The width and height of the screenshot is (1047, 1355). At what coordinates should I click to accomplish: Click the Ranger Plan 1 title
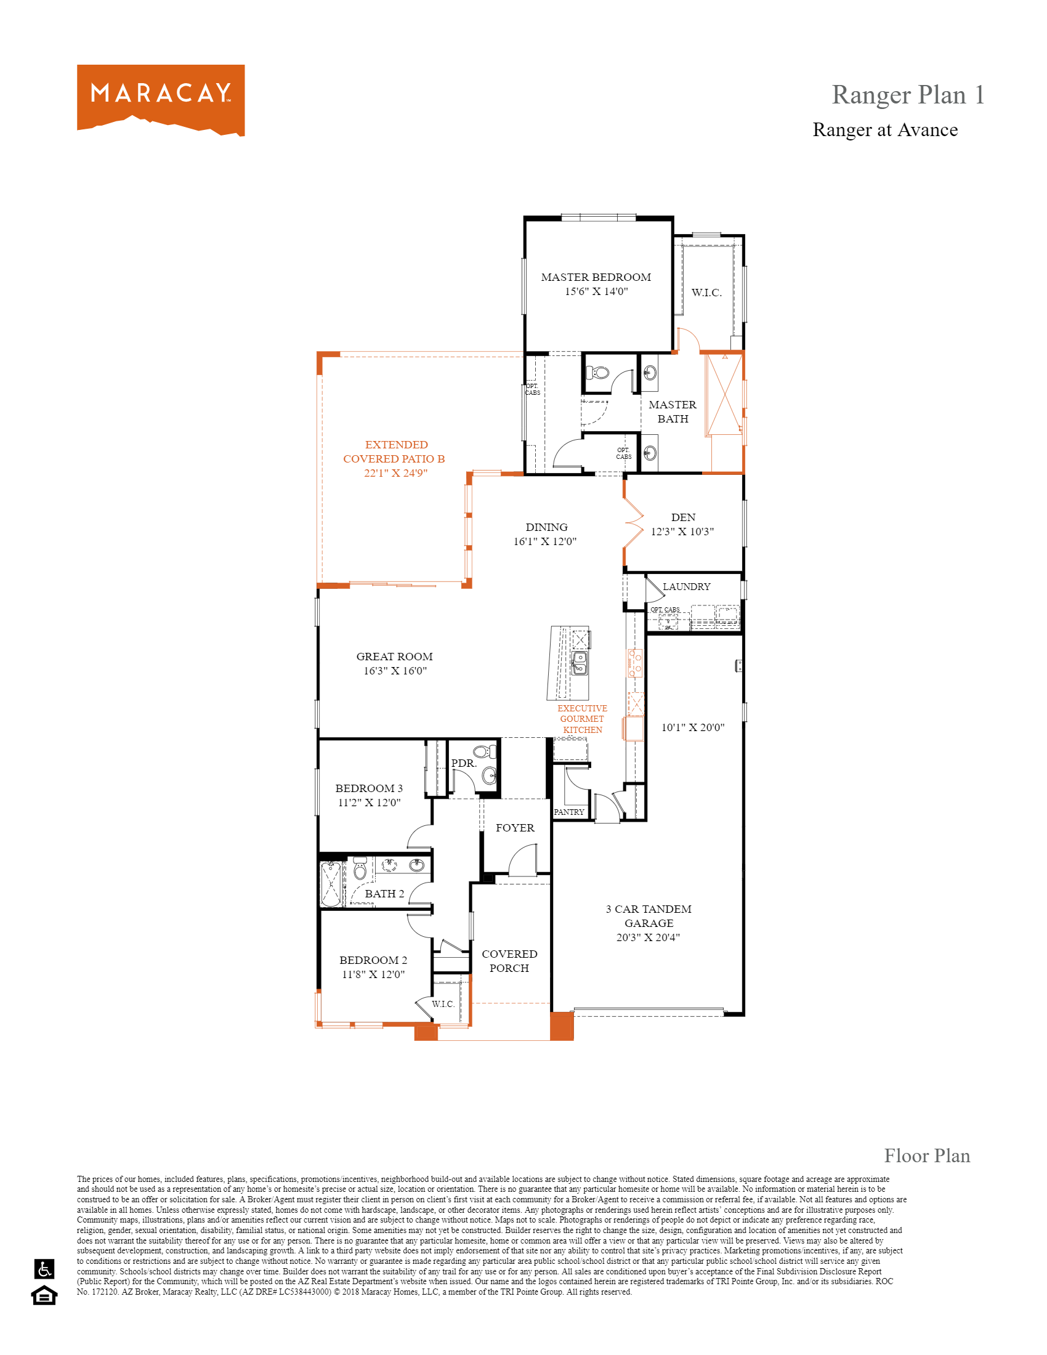pyautogui.click(x=907, y=95)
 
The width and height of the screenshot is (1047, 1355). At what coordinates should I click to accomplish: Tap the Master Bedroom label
pyautogui.click(x=596, y=277)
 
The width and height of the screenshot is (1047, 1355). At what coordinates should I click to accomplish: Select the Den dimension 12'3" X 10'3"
pyautogui.click(x=682, y=532)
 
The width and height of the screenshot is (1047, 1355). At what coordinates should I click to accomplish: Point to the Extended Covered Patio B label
pyautogui.click(x=395, y=458)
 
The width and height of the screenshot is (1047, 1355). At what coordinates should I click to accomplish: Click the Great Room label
pyautogui.click(x=395, y=657)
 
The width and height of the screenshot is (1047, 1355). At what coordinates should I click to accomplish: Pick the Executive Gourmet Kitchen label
pyautogui.click(x=582, y=719)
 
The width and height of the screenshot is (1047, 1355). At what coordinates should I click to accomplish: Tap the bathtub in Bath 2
pyautogui.click(x=331, y=884)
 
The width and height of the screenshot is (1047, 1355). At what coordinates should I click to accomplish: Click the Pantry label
pyautogui.click(x=569, y=812)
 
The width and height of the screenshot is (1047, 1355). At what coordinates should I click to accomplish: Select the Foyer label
pyautogui.click(x=515, y=828)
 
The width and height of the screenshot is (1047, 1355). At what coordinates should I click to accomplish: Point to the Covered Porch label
pyautogui.click(x=509, y=961)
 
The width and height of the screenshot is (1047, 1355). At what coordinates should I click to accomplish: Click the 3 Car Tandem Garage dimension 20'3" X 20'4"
pyautogui.click(x=647, y=937)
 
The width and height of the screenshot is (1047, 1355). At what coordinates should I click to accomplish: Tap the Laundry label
pyautogui.click(x=686, y=587)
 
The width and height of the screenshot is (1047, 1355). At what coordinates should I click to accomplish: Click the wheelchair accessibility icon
pyautogui.click(x=45, y=1269)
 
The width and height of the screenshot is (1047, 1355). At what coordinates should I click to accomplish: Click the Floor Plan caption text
pyautogui.click(x=927, y=1156)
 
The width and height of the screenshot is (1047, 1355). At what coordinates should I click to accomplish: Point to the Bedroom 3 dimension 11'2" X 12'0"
pyautogui.click(x=369, y=803)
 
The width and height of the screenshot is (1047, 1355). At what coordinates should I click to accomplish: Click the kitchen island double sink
pyautogui.click(x=580, y=663)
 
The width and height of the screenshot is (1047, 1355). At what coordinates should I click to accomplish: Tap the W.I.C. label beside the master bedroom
pyautogui.click(x=706, y=293)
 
